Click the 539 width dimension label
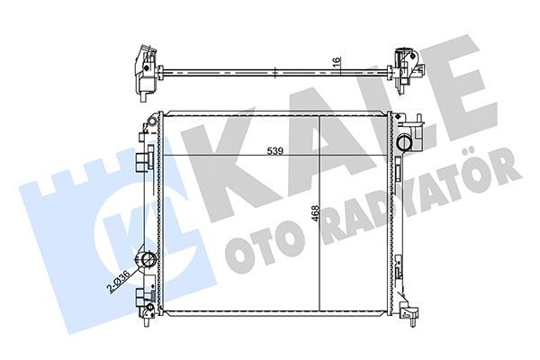(x=275, y=152)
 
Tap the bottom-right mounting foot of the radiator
(x=411, y=311)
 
